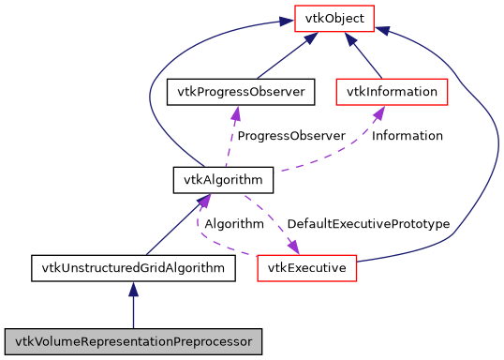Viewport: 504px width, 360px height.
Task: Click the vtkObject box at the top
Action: (335, 17)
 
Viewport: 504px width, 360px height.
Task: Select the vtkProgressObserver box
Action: (238, 92)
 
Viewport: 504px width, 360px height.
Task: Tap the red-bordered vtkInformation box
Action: (392, 92)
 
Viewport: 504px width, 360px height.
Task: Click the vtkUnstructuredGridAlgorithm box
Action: (133, 268)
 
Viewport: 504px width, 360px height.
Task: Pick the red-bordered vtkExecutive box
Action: (307, 268)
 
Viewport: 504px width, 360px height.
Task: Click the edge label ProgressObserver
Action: (290, 136)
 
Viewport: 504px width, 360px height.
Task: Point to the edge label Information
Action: (407, 136)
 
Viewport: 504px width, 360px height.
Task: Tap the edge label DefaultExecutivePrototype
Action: (368, 225)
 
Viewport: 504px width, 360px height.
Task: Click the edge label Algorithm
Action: (233, 225)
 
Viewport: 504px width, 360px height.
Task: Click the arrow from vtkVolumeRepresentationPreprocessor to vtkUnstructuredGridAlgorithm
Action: (134, 305)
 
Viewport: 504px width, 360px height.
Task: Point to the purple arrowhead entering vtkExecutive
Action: (293, 247)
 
